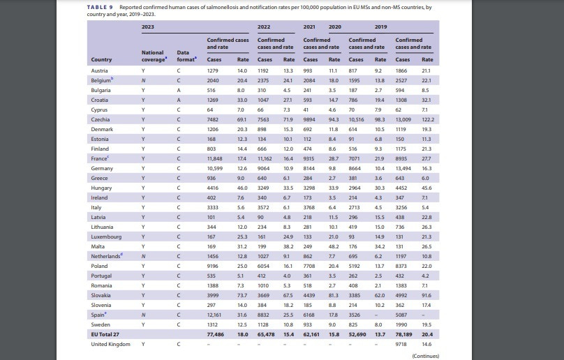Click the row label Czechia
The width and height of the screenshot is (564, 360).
point(101,119)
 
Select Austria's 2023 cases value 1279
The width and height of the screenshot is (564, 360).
point(213,71)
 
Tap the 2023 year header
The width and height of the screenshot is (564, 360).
point(148,27)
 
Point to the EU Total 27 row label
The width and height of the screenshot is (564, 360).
point(105,334)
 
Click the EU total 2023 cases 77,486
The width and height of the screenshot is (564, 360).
point(216,334)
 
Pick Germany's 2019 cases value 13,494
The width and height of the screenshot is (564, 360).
point(403,168)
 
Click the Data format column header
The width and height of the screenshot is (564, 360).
point(186,56)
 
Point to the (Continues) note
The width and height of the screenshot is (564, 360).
point(426,356)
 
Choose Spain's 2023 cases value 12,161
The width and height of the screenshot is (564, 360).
point(214,315)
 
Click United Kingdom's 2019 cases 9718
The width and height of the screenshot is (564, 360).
point(401,344)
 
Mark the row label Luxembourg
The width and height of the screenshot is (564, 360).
point(106,237)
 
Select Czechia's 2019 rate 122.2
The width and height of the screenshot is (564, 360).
point(428,119)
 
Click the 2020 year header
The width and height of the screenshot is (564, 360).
point(335,27)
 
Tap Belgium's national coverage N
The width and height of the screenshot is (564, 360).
point(143,80)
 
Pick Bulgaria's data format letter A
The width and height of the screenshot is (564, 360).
point(179,90)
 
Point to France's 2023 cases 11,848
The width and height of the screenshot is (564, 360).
point(214,158)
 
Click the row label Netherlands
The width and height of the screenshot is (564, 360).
point(107,256)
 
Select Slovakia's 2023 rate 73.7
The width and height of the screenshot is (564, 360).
point(242,295)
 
